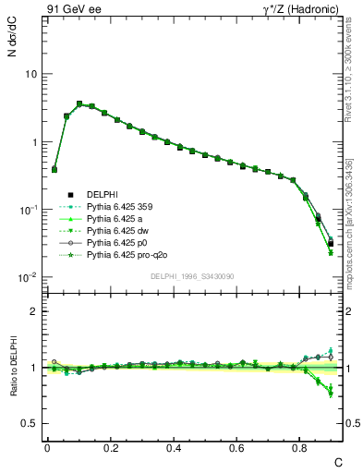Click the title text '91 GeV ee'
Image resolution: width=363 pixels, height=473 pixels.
(69, 11)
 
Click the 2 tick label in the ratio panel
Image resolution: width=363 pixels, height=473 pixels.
(35, 311)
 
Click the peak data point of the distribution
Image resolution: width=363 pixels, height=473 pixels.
(79, 104)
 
